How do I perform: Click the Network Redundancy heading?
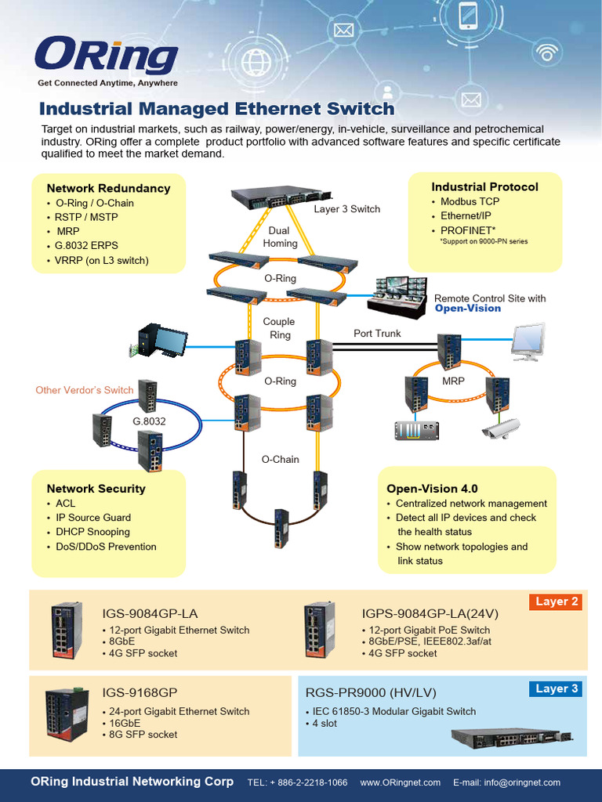[108, 188]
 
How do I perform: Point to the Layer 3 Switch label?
[346, 209]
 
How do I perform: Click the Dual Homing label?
[280, 237]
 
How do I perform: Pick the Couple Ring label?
[279, 328]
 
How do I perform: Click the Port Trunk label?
[377, 334]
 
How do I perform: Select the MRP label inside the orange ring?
[453, 381]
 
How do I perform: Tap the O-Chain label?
[280, 460]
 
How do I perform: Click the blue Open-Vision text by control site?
[468, 309]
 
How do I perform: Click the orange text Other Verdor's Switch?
[85, 390]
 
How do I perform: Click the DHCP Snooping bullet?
[92, 532]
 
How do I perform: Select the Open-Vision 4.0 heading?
[432, 489]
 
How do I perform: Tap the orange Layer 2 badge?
[557, 602]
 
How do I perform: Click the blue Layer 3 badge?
[557, 689]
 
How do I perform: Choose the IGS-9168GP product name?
[140, 693]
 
